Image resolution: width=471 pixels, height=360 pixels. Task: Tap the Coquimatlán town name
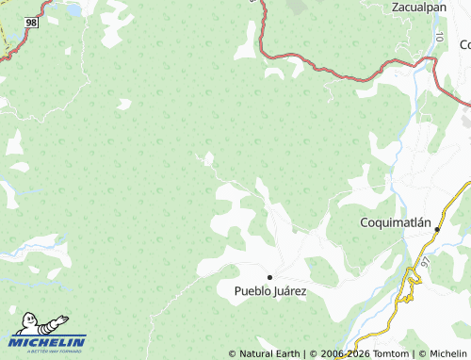click(396, 223)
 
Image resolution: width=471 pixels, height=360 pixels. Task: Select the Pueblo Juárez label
click(270, 291)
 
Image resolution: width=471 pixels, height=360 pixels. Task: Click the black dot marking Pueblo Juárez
click(269, 277)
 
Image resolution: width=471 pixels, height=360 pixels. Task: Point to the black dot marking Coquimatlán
click(437, 229)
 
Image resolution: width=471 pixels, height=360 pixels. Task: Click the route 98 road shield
click(32, 22)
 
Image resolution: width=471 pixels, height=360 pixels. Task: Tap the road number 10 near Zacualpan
click(440, 36)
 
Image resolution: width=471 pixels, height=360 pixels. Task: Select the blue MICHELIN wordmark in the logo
click(48, 341)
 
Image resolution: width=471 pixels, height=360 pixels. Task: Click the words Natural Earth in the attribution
click(269, 353)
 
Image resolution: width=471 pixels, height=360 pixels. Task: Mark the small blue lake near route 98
click(71, 11)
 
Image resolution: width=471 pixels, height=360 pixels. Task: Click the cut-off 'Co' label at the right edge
click(464, 44)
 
